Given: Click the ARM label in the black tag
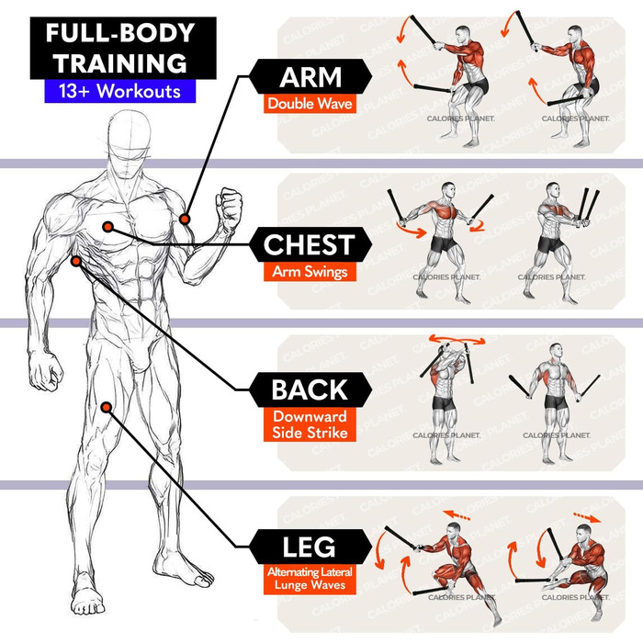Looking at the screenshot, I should (310, 76).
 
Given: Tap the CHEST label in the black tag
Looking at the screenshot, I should (309, 245).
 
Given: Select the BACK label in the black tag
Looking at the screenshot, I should (309, 389).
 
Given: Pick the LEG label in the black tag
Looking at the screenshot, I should (309, 548).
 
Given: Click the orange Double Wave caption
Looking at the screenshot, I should (310, 104).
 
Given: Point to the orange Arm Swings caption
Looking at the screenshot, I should (309, 272).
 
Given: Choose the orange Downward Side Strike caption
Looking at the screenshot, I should (310, 423).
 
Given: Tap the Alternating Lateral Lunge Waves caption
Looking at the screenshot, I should (310, 579).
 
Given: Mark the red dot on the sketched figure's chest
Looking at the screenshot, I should (108, 227).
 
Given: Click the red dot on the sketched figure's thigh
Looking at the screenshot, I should (108, 406).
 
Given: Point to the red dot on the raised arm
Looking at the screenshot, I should (186, 219).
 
